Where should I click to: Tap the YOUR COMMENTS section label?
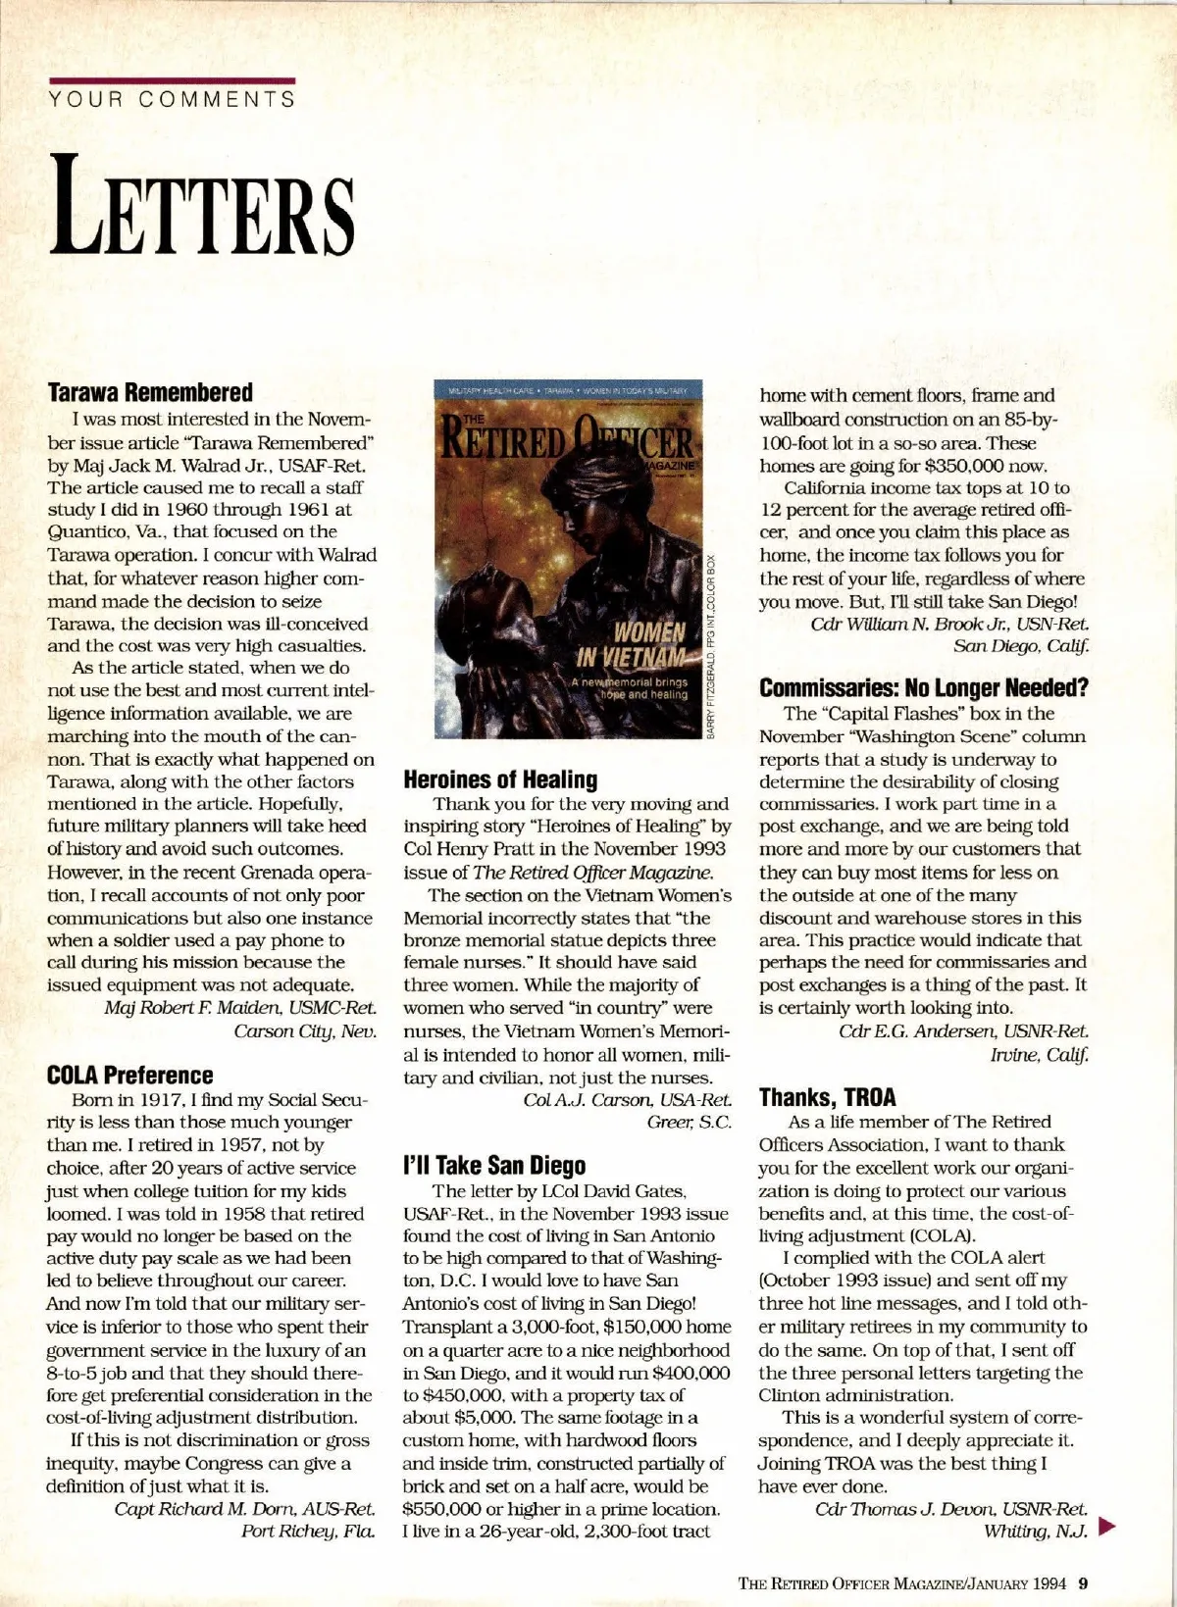[x=172, y=99]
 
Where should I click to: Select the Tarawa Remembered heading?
[x=150, y=393]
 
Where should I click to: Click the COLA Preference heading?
[x=129, y=1076]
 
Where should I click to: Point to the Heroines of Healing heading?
[x=500, y=780]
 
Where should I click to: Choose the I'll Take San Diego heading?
[x=494, y=1166]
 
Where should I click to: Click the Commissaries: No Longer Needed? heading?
[x=924, y=688]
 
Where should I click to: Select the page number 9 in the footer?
[x=1084, y=1582]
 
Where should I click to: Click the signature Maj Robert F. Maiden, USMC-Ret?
[x=240, y=1007]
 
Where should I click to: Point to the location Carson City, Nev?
[x=305, y=1030]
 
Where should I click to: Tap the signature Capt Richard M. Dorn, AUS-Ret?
[x=244, y=1508]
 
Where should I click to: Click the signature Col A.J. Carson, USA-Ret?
[x=628, y=1100]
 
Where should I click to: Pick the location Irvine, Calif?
[x=1039, y=1054]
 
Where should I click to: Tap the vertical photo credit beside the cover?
[x=711, y=647]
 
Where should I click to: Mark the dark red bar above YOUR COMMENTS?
[x=172, y=80]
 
